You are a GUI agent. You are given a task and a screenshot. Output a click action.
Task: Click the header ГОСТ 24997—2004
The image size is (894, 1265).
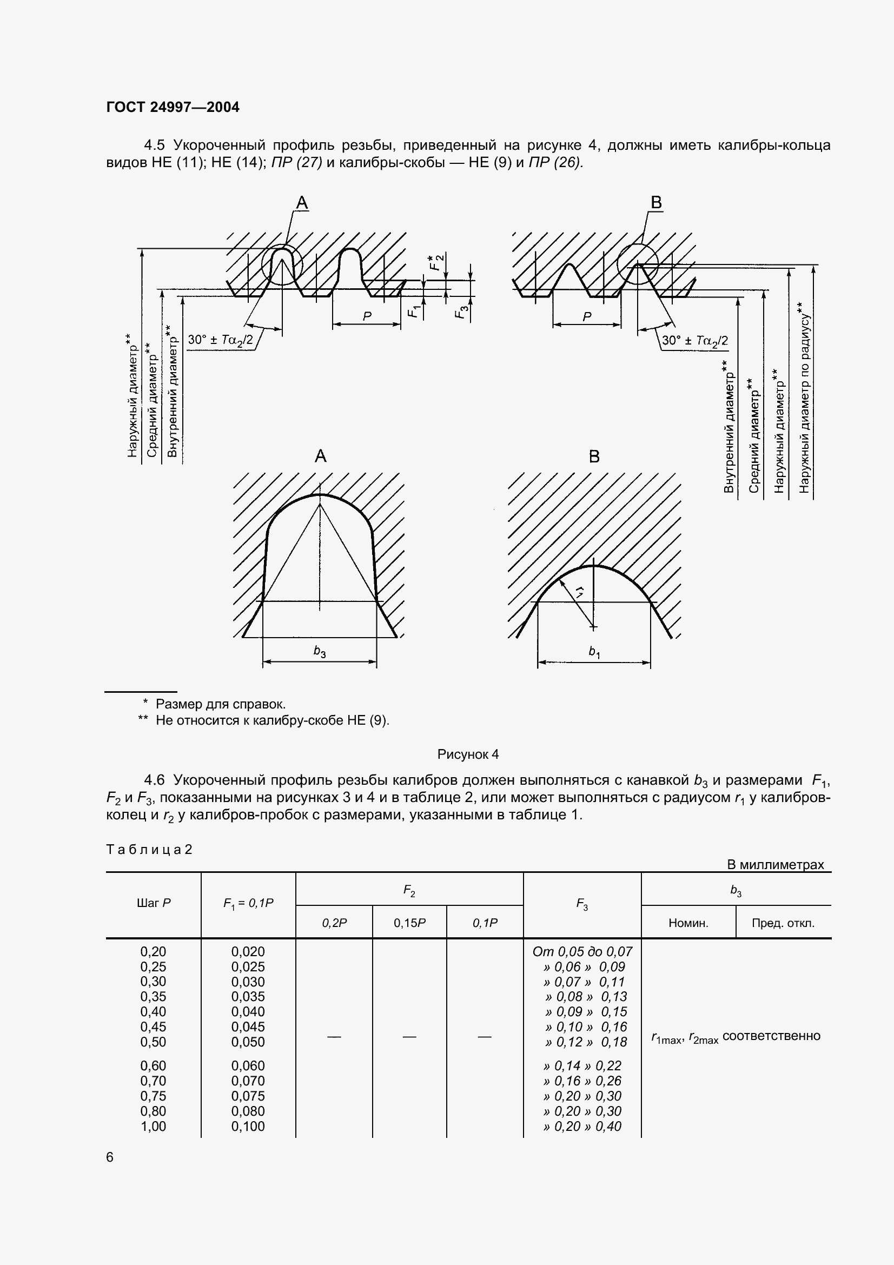173,107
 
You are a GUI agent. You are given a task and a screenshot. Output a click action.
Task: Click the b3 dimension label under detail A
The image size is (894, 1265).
320,652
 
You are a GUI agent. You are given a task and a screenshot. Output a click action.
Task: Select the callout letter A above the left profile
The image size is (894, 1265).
302,203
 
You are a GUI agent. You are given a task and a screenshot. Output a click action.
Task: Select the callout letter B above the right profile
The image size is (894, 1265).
656,203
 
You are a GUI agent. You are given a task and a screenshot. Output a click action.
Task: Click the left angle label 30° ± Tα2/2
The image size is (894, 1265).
220,340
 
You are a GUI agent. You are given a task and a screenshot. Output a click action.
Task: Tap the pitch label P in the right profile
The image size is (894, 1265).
587,317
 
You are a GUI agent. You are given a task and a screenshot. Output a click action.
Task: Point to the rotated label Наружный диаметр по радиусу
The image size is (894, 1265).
804,396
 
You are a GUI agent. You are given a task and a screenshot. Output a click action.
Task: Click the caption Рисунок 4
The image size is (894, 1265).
468,754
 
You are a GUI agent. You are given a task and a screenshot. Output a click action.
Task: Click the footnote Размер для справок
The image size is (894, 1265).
220,704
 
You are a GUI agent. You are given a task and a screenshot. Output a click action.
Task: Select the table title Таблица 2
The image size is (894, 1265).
149,849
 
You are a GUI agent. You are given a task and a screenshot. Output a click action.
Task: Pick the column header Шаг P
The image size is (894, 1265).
153,903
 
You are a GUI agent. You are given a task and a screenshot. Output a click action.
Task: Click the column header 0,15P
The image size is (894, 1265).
409,923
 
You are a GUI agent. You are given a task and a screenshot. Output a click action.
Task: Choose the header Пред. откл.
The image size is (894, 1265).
783,923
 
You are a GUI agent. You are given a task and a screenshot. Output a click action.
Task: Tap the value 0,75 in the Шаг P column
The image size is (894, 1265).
153,1096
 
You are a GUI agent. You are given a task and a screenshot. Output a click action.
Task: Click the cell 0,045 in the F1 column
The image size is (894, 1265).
248,1026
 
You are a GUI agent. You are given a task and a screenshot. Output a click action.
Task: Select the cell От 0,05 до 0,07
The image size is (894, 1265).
582,951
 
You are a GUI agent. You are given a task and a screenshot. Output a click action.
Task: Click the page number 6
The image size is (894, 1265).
110,1157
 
